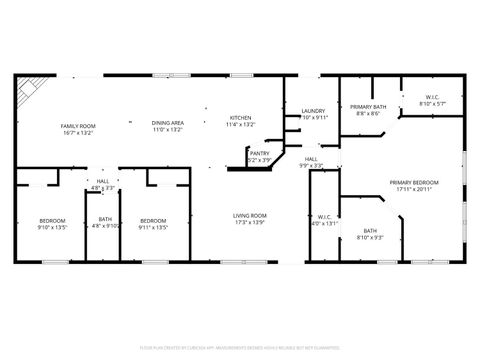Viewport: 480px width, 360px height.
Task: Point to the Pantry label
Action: [259, 153]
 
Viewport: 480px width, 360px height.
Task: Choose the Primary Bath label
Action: [367, 106]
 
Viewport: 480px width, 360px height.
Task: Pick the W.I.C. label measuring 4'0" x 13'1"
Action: [325, 217]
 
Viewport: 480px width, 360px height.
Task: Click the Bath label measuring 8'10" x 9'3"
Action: [370, 231]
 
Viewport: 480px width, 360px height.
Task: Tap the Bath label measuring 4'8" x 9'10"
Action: [105, 220]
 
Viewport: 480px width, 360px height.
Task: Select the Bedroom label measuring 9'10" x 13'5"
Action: [52, 220]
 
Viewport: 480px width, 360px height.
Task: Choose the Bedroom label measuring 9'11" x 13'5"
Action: [152, 220]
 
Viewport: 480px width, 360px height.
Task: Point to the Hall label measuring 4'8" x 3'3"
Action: [103, 182]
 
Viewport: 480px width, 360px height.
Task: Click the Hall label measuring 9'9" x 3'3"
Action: [312, 159]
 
